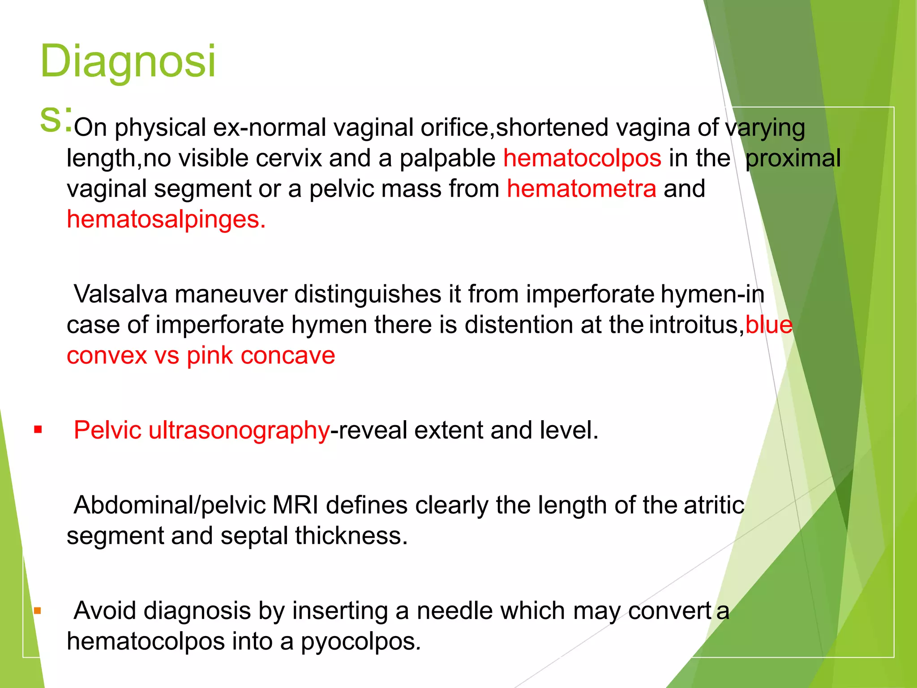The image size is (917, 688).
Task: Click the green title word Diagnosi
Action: pos(128,61)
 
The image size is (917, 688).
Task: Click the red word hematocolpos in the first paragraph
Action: pos(582,158)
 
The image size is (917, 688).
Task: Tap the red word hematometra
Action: pos(581,189)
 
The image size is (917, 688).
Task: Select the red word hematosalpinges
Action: pos(166,219)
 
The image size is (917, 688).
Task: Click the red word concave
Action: pos(287,356)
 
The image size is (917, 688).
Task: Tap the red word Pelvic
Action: pos(107,430)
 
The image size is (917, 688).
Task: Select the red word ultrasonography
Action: pos(239,430)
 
